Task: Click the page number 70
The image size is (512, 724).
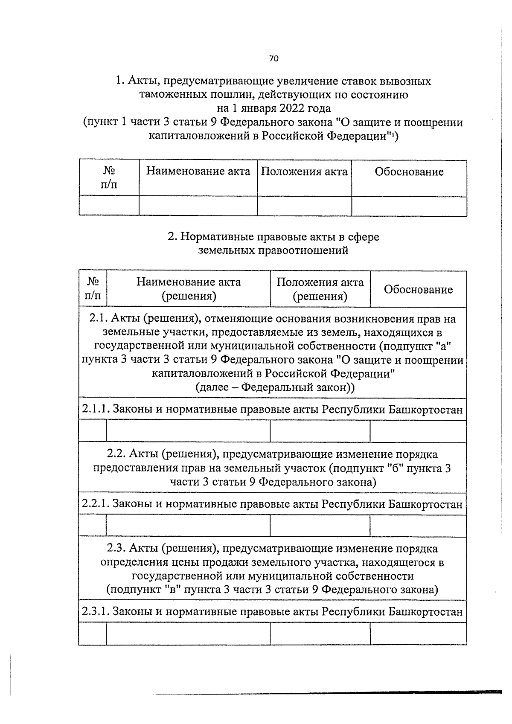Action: [x=273, y=58]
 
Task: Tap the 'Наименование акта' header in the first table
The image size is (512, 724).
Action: [x=198, y=172]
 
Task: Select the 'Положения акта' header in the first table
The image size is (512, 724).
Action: [x=304, y=172]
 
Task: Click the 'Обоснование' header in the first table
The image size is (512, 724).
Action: [x=409, y=172]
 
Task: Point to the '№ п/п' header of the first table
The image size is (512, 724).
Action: [x=109, y=177]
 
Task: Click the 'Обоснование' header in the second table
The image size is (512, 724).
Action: [x=418, y=290]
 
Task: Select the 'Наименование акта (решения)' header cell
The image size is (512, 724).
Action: [x=188, y=289]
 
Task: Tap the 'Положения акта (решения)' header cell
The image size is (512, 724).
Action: [x=320, y=289]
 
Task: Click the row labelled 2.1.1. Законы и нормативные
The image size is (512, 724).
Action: [x=272, y=410]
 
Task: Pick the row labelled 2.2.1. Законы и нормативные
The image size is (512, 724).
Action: [x=272, y=504]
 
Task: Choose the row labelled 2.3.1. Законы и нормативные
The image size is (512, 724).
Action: [x=272, y=612]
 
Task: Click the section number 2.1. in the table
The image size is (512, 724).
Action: [x=98, y=319]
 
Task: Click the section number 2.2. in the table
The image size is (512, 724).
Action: [x=116, y=454]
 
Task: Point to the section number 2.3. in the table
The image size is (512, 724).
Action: [x=116, y=548]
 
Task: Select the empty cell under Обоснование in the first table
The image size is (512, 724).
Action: [x=409, y=206]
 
